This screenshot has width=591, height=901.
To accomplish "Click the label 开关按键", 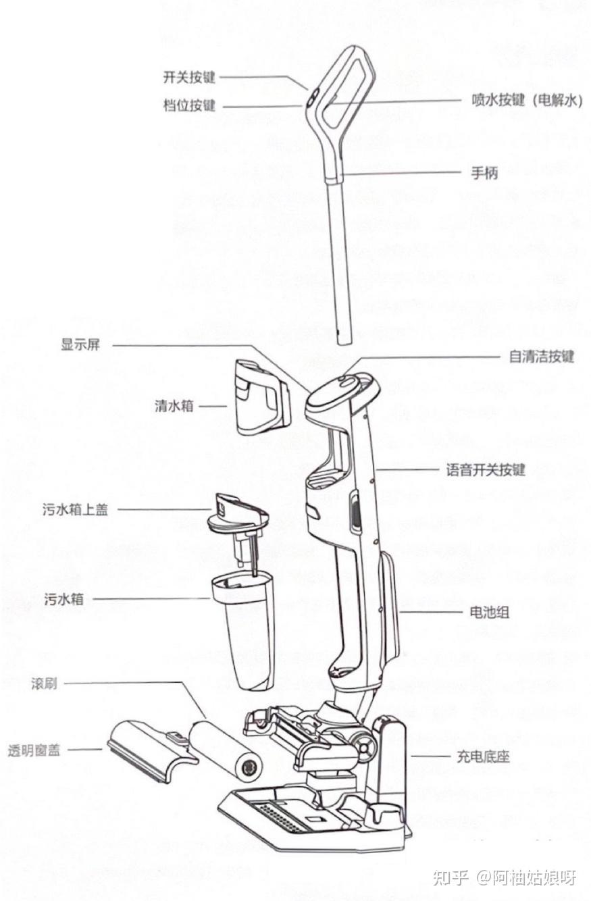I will [189, 76].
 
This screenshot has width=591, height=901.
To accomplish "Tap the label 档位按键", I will [189, 106].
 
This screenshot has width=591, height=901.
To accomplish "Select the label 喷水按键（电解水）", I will [525, 101].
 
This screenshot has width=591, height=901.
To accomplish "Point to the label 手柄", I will [484, 172].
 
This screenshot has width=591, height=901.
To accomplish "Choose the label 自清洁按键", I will [541, 356].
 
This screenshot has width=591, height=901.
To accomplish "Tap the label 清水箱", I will [174, 406].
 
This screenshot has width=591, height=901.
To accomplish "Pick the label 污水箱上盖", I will [75, 510].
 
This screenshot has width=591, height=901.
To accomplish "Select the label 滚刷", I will [44, 684].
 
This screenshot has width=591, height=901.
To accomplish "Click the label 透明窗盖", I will [34, 750].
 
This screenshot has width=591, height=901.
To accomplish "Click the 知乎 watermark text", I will [450, 877].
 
